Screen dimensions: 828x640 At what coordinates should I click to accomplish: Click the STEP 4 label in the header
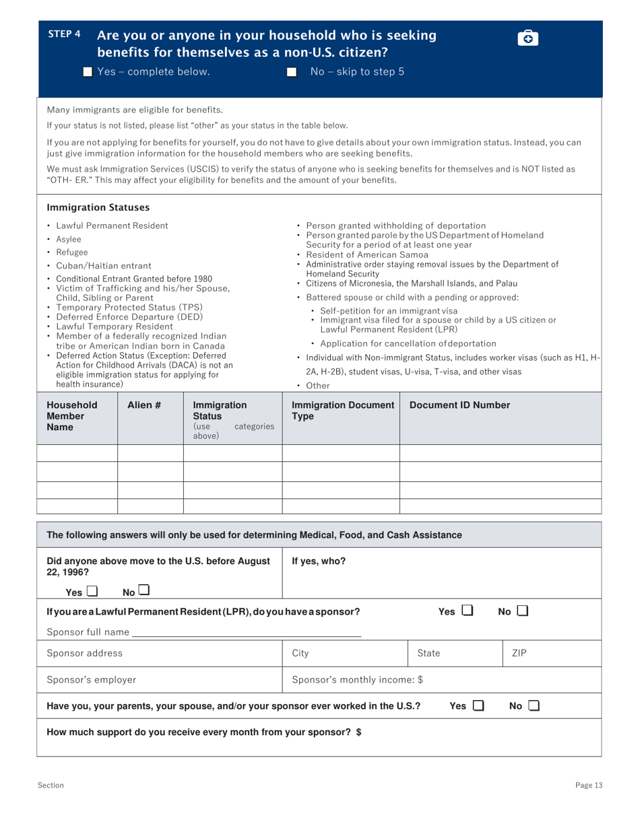tap(64, 34)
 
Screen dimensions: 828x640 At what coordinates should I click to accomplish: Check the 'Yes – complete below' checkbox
tap(87, 72)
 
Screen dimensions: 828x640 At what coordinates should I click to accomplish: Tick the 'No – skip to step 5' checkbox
tap(291, 72)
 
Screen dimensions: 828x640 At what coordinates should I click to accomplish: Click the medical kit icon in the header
tap(528, 38)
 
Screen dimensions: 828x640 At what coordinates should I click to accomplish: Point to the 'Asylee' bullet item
tap(69, 239)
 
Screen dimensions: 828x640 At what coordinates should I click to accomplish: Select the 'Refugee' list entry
tap(72, 252)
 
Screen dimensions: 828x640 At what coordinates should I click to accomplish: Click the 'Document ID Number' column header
tap(459, 405)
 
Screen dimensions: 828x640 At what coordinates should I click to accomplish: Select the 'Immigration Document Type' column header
tap(342, 411)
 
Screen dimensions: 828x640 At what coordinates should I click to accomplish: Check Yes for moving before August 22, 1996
tap(92, 592)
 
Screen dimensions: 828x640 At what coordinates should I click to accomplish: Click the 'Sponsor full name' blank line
tap(247, 633)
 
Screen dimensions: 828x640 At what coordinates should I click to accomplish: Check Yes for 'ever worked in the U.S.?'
tap(477, 705)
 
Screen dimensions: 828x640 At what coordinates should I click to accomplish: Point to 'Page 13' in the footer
tap(589, 785)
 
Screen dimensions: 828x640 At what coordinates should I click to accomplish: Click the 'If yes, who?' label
tap(319, 560)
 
